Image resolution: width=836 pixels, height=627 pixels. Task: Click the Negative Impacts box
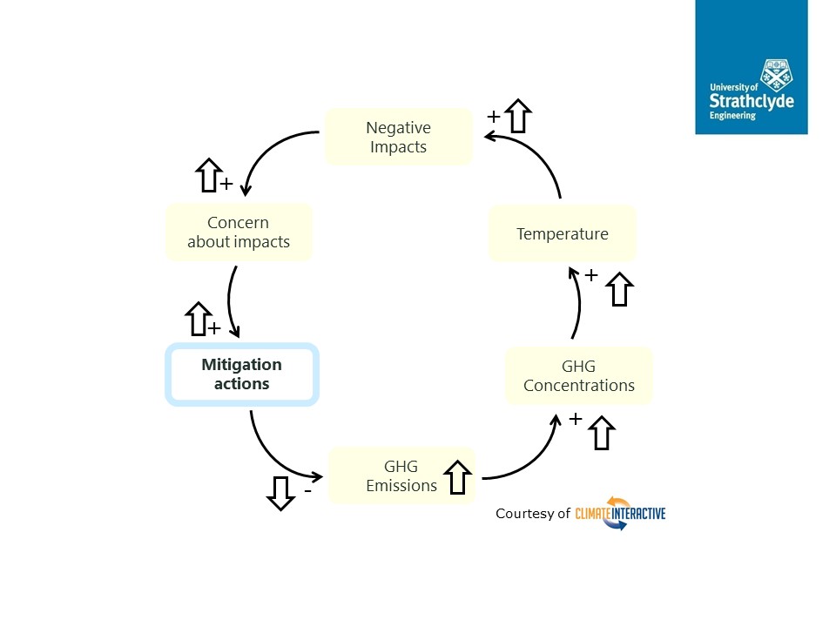click(x=398, y=137)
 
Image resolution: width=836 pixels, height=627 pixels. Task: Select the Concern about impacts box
click(x=239, y=233)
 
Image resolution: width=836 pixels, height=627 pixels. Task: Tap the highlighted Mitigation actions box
click(x=242, y=374)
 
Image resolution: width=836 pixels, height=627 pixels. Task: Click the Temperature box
click(x=562, y=233)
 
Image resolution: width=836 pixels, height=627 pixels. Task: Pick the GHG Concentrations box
click(x=578, y=375)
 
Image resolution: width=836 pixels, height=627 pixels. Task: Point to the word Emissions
click(x=401, y=486)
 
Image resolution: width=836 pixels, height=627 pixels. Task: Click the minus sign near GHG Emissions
click(x=307, y=491)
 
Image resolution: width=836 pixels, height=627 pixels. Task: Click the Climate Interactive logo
click(x=620, y=513)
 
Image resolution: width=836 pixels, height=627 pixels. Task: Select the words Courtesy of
click(x=532, y=514)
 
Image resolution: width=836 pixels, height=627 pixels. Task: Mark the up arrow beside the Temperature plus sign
click(x=619, y=289)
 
